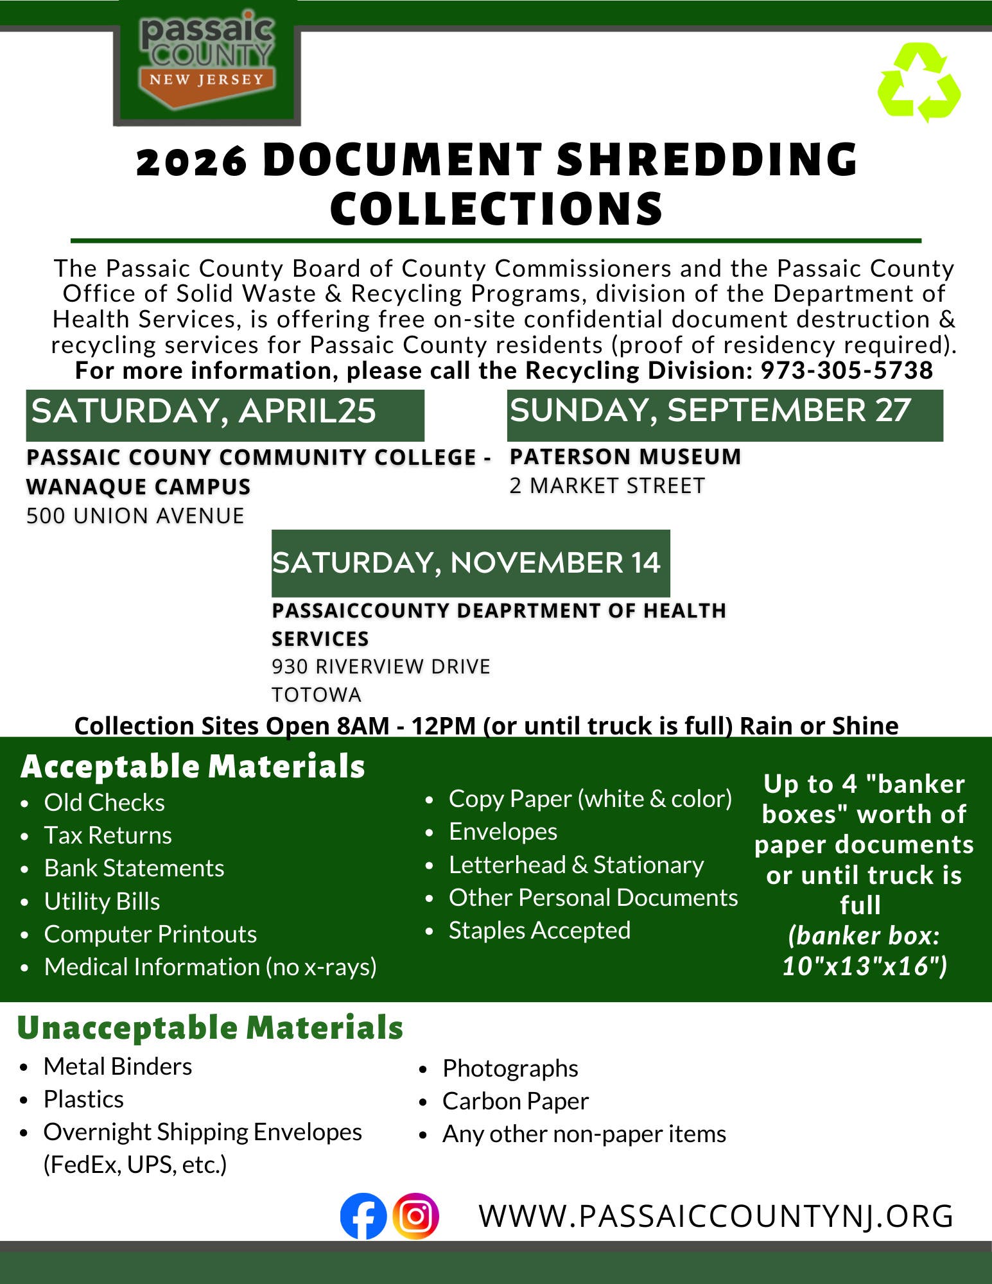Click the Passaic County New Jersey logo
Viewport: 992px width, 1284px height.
point(207,62)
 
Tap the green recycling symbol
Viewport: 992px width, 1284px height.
point(919,83)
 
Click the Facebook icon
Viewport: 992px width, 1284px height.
point(363,1215)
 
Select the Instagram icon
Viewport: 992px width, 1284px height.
point(415,1215)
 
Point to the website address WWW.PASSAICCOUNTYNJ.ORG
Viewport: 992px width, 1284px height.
point(716,1216)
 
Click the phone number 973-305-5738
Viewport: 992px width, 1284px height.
point(846,370)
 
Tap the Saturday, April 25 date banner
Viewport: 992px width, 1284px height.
point(225,414)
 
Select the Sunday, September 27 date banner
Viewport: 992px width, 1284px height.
point(724,414)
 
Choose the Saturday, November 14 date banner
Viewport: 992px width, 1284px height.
point(470,563)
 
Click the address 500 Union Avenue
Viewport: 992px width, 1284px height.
point(135,516)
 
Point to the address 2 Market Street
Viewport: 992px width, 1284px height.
point(607,486)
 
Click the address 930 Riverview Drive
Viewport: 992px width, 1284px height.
point(381,666)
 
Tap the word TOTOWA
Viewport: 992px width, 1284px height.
point(317,695)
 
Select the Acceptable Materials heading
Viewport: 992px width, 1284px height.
point(193,767)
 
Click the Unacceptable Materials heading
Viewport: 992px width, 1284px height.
point(210,1027)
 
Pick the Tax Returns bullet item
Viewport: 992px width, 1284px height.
point(108,835)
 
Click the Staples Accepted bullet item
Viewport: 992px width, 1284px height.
point(539,930)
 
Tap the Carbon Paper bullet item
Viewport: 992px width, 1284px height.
point(515,1101)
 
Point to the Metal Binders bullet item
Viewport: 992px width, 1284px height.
point(117,1066)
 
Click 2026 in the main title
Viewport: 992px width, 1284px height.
point(191,160)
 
